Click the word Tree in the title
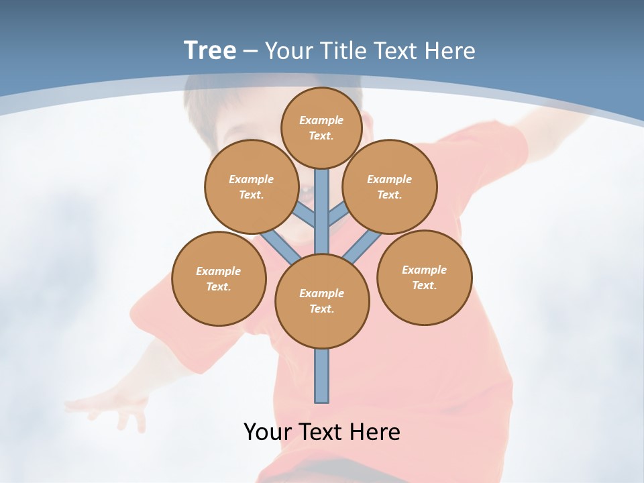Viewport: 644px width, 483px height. click(x=210, y=50)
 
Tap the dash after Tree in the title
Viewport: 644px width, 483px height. click(x=250, y=52)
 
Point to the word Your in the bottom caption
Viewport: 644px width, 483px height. click(x=268, y=432)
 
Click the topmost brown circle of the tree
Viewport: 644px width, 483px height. click(x=321, y=127)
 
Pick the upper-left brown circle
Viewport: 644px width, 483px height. click(x=252, y=186)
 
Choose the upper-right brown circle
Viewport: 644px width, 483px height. click(x=390, y=186)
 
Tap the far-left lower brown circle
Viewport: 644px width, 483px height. click(x=219, y=278)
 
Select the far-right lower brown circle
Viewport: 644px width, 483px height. click(x=424, y=277)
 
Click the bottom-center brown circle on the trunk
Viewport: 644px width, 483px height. click(x=322, y=301)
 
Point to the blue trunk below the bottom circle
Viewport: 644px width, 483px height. click(x=322, y=376)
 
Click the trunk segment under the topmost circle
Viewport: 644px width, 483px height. click(x=322, y=195)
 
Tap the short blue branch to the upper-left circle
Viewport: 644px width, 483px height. click(x=305, y=216)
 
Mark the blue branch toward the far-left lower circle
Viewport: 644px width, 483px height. click(x=280, y=246)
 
